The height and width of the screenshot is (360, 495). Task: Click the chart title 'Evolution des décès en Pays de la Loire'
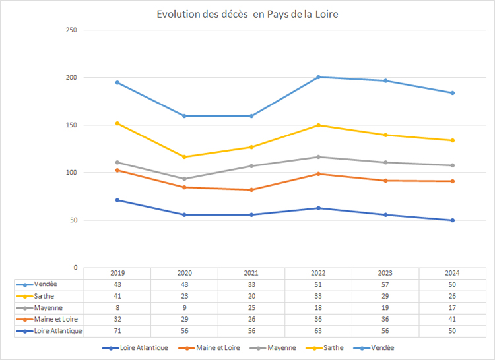pos(247,15)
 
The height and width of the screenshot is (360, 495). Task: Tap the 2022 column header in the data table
pos(318,273)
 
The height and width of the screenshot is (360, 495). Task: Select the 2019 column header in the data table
pos(117,273)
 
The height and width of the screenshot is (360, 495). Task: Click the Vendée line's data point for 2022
pos(318,77)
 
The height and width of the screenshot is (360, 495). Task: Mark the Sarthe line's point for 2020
pos(184,157)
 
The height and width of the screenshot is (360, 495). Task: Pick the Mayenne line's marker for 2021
pos(251,166)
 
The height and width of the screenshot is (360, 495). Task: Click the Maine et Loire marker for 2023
pos(385,181)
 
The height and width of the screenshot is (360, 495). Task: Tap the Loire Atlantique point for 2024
pos(452,220)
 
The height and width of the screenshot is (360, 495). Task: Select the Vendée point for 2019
pos(117,82)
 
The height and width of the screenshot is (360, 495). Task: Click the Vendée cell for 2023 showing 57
pos(385,284)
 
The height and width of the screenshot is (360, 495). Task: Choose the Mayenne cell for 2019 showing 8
pos(117,307)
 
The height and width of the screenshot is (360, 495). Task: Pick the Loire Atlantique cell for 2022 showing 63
pos(318,331)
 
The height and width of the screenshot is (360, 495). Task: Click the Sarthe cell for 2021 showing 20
pos(251,296)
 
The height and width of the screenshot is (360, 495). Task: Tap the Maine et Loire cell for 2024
pos(452,319)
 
